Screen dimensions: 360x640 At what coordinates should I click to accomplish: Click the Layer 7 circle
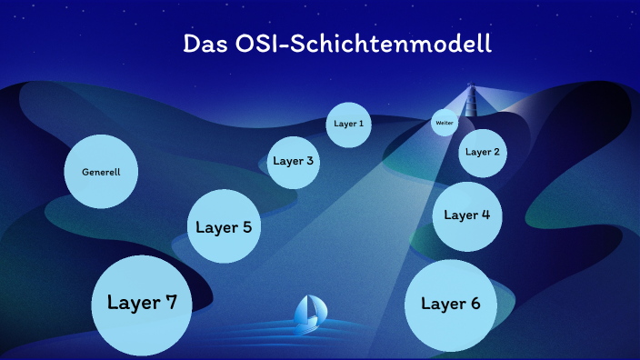[142, 304]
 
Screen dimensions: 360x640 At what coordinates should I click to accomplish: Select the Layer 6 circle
[451, 305]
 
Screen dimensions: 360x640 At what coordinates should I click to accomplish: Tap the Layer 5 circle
[224, 227]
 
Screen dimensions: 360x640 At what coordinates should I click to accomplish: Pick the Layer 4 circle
[467, 215]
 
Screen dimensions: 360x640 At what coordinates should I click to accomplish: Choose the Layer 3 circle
[294, 162]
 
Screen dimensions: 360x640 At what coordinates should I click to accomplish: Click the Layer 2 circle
[482, 152]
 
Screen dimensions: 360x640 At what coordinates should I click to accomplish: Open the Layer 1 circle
[348, 124]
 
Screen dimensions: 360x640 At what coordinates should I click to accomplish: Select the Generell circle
[101, 172]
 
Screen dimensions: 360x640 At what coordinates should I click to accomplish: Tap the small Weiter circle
[445, 122]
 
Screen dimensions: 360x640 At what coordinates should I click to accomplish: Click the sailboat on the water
[310, 314]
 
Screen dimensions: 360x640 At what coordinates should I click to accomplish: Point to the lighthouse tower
[471, 100]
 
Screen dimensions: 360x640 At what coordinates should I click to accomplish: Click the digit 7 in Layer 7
[169, 303]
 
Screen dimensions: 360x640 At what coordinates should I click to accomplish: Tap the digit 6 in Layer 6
[475, 304]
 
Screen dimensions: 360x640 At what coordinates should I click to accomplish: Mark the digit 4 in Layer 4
[485, 215]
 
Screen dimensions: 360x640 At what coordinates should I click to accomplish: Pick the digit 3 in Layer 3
[310, 161]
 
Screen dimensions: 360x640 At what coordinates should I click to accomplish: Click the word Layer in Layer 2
[477, 152]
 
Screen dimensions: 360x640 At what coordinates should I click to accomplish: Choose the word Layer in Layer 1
[345, 124]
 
